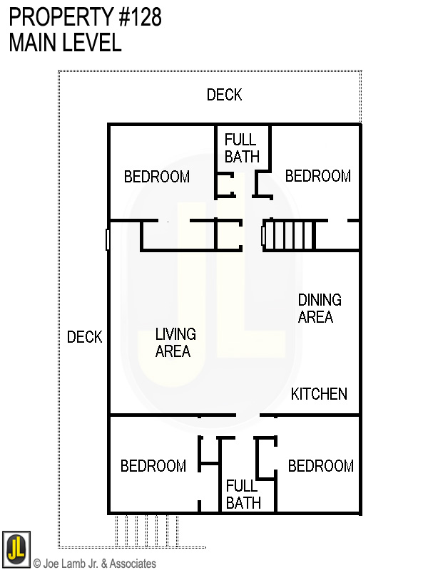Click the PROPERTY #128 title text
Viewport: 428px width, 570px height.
tap(85, 17)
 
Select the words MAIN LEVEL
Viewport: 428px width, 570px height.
tap(65, 42)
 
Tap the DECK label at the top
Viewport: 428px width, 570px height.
tap(224, 95)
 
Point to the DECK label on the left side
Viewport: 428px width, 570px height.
tap(85, 337)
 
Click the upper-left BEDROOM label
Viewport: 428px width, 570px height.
tap(157, 177)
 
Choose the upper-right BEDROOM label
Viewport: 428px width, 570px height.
tap(318, 176)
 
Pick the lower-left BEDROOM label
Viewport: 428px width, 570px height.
tap(153, 466)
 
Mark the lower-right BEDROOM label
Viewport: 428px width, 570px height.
tap(321, 466)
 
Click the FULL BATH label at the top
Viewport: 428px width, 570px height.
tap(242, 148)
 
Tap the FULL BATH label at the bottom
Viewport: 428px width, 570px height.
tap(243, 494)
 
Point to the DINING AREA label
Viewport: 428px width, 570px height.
tap(320, 309)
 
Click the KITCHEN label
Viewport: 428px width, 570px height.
tap(319, 394)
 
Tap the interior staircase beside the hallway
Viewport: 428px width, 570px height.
tap(291, 234)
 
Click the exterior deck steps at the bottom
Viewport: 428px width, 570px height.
tap(146, 529)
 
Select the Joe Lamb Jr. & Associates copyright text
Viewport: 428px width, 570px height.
tap(94, 564)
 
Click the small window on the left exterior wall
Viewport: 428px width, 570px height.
tap(108, 239)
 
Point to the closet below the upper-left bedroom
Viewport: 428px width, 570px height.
tap(178, 236)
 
